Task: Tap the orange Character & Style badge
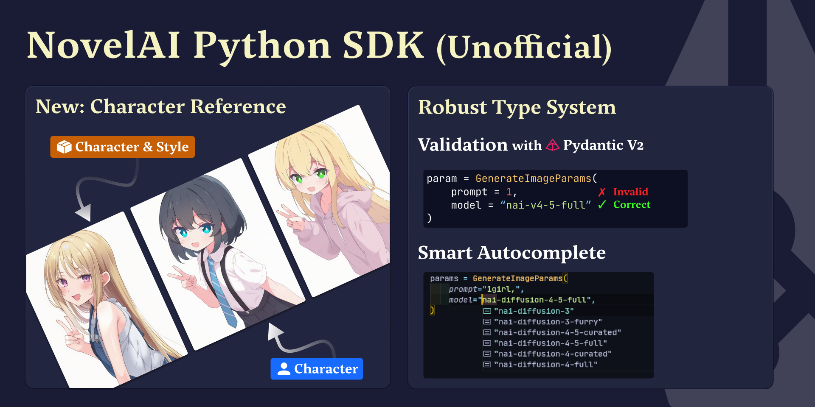122,147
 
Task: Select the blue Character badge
317,369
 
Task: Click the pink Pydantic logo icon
552,145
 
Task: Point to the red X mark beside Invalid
601,192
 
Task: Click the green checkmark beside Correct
601,205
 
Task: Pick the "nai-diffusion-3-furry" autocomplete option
548,322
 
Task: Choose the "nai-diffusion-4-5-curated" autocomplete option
557,332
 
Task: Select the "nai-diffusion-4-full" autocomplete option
545,364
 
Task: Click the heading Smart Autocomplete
511,253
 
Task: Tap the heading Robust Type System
517,107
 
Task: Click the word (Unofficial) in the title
524,47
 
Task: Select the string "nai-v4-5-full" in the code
545,205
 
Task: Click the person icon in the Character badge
284,369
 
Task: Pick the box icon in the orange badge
64,147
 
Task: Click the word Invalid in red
630,192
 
